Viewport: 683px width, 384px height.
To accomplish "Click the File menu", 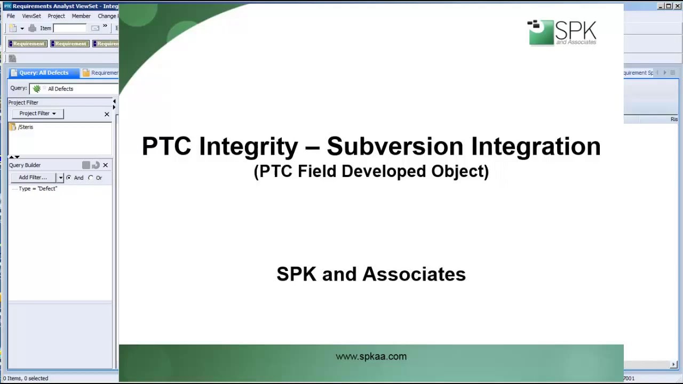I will point(11,16).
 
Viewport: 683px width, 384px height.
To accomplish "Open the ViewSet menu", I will point(31,16).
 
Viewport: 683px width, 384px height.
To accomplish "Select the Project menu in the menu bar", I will point(56,16).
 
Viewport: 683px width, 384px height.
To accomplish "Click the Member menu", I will point(81,16).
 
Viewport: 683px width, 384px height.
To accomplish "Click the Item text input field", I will point(69,28).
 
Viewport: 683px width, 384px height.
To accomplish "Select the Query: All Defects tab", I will point(43,73).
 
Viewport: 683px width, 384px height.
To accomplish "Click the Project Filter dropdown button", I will point(37,114).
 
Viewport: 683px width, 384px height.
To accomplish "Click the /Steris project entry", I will point(25,127).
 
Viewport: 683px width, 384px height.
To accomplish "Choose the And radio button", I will point(69,178).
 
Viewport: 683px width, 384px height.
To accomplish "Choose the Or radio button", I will point(91,178).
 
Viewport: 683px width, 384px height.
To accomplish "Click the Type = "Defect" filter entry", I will point(37,189).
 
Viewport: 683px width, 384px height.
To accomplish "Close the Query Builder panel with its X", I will point(105,165).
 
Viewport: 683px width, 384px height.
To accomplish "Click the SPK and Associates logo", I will point(562,33).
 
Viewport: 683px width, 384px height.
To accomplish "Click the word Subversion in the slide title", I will point(395,146).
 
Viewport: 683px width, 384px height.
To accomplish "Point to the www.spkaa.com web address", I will point(371,356).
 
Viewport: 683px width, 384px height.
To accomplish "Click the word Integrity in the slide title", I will point(248,146).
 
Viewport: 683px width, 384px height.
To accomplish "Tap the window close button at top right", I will point(678,6).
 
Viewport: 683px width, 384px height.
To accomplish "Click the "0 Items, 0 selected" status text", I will point(26,378).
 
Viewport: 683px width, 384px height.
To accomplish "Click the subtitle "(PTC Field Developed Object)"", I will point(371,171).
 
